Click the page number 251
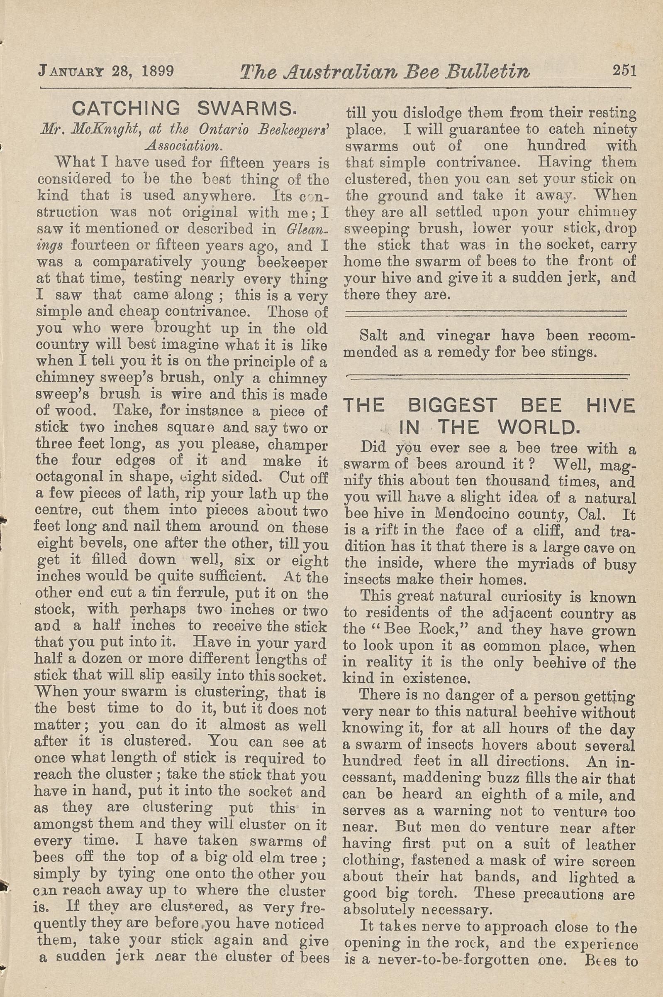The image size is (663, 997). tap(624, 70)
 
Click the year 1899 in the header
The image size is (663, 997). tap(158, 71)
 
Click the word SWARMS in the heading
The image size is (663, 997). tap(244, 109)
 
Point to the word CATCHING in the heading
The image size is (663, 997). tap(126, 109)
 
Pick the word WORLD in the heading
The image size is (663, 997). tap(537, 427)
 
